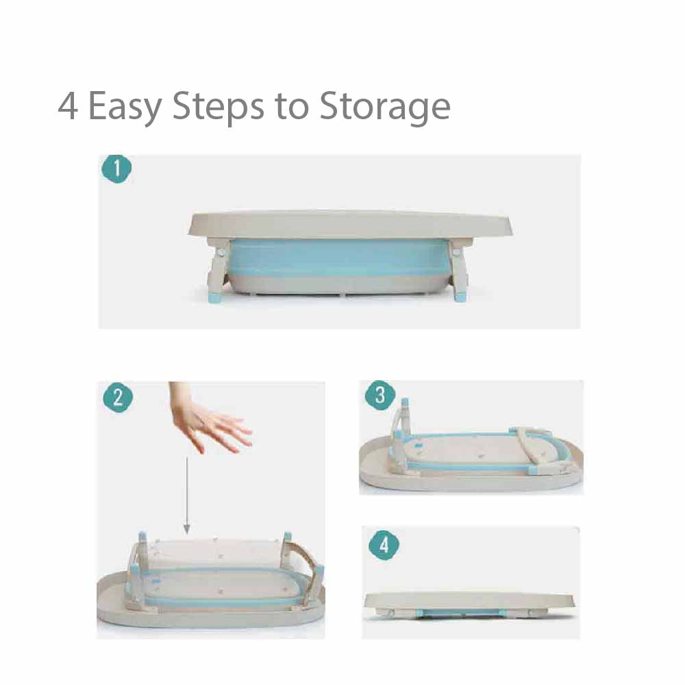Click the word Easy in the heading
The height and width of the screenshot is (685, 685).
(125, 107)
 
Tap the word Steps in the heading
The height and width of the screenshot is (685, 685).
(218, 107)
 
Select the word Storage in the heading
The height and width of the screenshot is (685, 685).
(385, 107)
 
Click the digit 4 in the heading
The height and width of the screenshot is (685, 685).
(68, 105)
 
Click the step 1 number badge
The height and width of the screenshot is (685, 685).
(116, 169)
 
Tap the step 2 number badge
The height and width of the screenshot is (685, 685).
(118, 398)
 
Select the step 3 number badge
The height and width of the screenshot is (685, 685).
(380, 395)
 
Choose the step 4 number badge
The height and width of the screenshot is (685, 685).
(384, 545)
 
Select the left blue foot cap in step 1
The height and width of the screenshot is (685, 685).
(214, 298)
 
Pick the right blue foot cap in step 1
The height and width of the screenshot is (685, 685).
(461, 297)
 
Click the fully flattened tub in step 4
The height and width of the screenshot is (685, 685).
(469, 605)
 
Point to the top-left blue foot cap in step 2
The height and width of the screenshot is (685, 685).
(142, 537)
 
